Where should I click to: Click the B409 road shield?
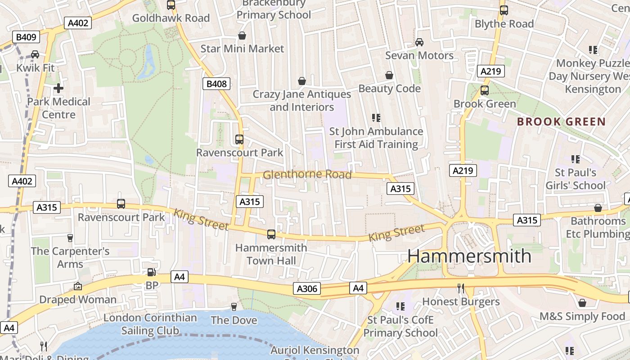26,37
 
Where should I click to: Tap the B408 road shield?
217,83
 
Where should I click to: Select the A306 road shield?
307,288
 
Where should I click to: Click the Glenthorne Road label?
307,175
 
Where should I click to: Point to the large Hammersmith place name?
469,256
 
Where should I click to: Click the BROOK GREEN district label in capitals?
561,121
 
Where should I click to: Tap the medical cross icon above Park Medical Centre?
58,88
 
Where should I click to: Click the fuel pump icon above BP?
152,272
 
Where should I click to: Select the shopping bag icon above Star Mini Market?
242,36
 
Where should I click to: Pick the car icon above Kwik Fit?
35,54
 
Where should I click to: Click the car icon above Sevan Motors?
419,42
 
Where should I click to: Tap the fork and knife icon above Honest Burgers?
460,288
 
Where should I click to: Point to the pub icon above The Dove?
234,307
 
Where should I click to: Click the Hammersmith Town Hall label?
271,254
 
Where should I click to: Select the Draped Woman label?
78,300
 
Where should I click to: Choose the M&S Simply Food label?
582,316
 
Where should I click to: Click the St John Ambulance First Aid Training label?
376,138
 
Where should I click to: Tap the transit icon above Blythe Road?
504,10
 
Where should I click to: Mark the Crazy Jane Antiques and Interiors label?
301,101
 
